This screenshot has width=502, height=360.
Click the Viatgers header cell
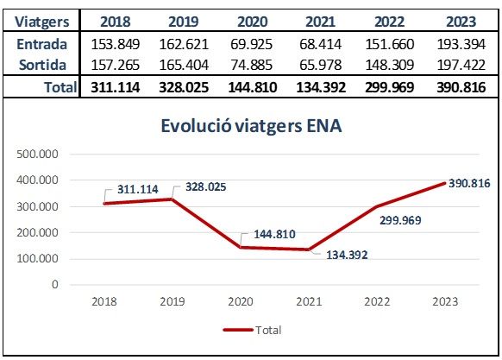click(x=41, y=21)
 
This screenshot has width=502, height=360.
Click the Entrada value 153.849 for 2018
click(x=116, y=43)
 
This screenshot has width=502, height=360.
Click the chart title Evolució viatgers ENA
click(x=251, y=126)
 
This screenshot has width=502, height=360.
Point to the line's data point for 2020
click(x=242, y=247)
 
